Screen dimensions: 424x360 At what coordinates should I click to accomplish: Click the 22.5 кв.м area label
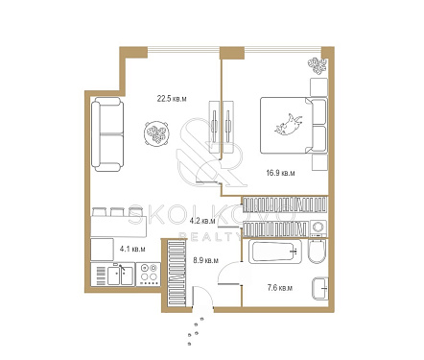pyautogui.click(x=172, y=98)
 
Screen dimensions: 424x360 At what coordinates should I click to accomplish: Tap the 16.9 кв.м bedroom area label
pyautogui.click(x=280, y=173)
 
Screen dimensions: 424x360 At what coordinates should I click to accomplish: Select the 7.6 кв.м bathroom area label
pyautogui.click(x=280, y=288)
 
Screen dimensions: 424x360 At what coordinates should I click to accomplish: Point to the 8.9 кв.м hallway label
pyautogui.click(x=206, y=260)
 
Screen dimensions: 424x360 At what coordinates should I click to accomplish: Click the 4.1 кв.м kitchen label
pyautogui.click(x=132, y=249)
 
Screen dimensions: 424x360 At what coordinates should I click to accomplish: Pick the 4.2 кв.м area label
pyautogui.click(x=202, y=221)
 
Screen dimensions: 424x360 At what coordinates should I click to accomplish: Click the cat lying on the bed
pyautogui.click(x=289, y=125)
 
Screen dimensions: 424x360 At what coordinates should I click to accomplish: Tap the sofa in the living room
pyautogui.click(x=107, y=134)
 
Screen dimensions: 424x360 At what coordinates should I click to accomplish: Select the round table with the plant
pyautogui.click(x=155, y=133)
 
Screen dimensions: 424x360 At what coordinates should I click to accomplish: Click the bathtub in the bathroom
pyautogui.click(x=274, y=252)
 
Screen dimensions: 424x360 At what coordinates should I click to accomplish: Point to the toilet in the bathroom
pyautogui.click(x=318, y=252)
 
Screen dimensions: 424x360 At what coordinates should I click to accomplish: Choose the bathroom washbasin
pyautogui.click(x=320, y=289)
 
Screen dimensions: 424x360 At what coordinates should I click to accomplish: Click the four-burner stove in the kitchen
pyautogui.click(x=148, y=275)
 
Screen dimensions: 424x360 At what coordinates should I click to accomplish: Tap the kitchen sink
pyautogui.click(x=120, y=276)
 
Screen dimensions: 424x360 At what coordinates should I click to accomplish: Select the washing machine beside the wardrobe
pyautogui.click(x=318, y=228)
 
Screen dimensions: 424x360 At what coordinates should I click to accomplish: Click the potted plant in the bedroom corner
pyautogui.click(x=318, y=66)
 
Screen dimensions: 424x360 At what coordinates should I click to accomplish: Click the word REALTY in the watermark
pyautogui.click(x=210, y=236)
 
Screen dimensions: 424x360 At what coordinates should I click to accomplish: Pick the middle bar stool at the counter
pyautogui.click(x=117, y=212)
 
